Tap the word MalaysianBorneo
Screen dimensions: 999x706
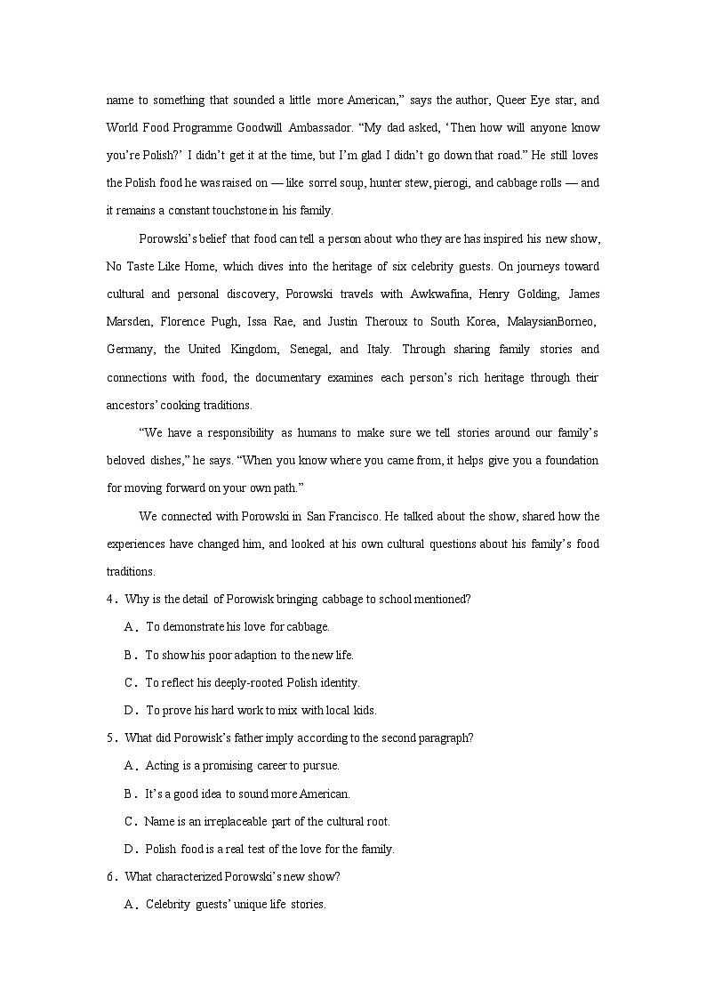554,321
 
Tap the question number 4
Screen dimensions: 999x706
110,599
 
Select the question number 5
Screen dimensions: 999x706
110,737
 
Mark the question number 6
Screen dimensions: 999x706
110,876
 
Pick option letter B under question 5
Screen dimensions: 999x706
129,794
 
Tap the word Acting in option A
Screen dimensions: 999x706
162,765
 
